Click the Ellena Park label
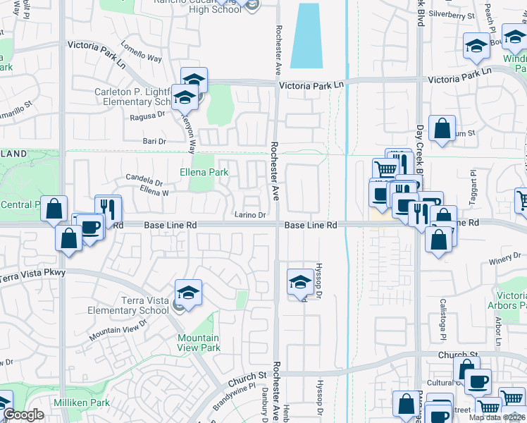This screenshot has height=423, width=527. coord(204,172)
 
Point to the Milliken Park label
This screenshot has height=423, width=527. coord(81,402)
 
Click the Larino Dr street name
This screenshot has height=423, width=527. coord(250,215)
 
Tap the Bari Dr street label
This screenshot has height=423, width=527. coord(154,141)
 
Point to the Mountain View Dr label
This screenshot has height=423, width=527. coord(118,329)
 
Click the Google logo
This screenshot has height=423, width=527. coord(23,415)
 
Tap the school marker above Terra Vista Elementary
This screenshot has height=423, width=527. coord(189,292)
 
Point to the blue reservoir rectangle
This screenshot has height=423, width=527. coord(306,35)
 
